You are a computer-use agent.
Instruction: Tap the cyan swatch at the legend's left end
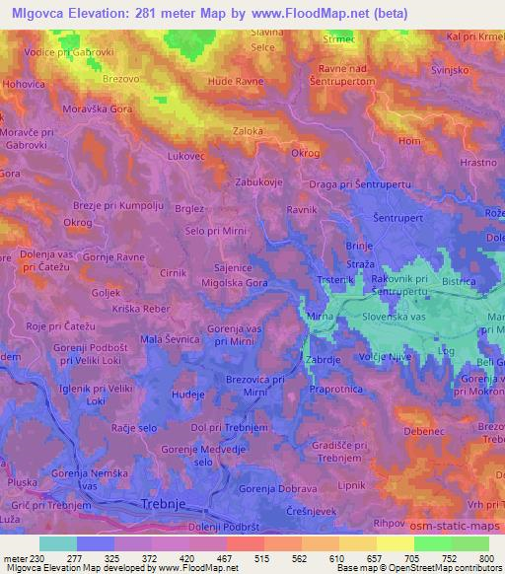tap(57, 543)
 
